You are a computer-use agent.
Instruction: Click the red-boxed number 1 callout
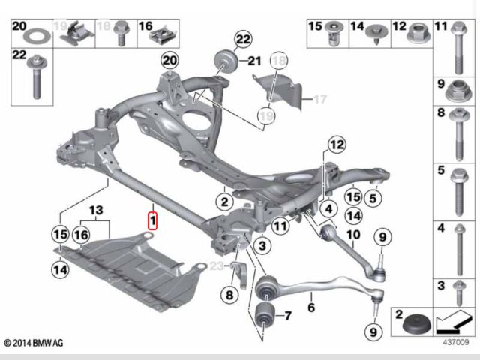point(152,220)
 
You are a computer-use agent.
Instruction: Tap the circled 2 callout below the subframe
point(225,202)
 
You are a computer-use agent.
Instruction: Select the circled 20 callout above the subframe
point(170,60)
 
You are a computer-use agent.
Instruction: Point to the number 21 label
point(254,61)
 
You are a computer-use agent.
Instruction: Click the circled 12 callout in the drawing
point(337,145)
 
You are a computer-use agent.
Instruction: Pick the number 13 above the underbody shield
point(96,210)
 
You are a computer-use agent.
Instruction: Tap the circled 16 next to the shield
point(81,235)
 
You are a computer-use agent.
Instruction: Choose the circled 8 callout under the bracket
point(229,295)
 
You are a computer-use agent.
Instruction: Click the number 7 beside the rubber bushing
point(288,316)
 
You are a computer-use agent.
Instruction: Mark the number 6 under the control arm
point(311,307)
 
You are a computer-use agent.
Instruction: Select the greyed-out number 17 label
point(320,99)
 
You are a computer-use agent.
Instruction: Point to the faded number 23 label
point(217,265)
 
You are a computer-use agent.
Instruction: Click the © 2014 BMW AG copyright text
point(34,343)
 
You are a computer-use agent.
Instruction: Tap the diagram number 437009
point(456,342)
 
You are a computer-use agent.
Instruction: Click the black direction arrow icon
point(454,322)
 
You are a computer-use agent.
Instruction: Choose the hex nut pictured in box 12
point(418,34)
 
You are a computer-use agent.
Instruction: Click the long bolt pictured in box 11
point(458,47)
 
